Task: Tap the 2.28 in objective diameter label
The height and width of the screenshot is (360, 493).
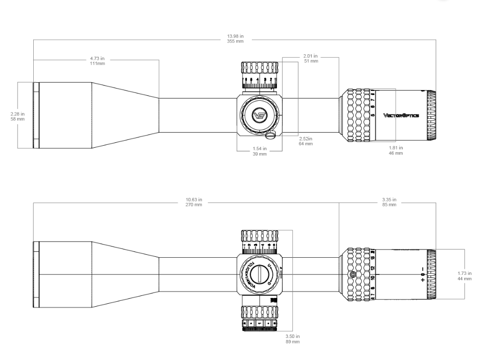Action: click(x=18, y=116)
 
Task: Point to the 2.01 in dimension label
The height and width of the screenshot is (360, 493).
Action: click(x=311, y=58)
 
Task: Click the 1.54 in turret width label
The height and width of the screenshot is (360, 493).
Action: click(x=260, y=151)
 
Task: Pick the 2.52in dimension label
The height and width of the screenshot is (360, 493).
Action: click(x=306, y=141)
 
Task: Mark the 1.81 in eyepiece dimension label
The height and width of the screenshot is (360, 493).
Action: click(x=395, y=150)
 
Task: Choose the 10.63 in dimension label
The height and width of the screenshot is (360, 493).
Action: click(x=194, y=202)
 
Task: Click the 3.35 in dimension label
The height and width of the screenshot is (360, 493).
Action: click(x=389, y=202)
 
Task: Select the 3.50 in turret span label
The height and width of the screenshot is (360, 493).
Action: click(x=292, y=338)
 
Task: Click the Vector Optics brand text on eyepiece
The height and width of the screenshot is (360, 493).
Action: click(x=401, y=115)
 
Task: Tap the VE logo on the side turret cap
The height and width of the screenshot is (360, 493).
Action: click(x=259, y=115)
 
